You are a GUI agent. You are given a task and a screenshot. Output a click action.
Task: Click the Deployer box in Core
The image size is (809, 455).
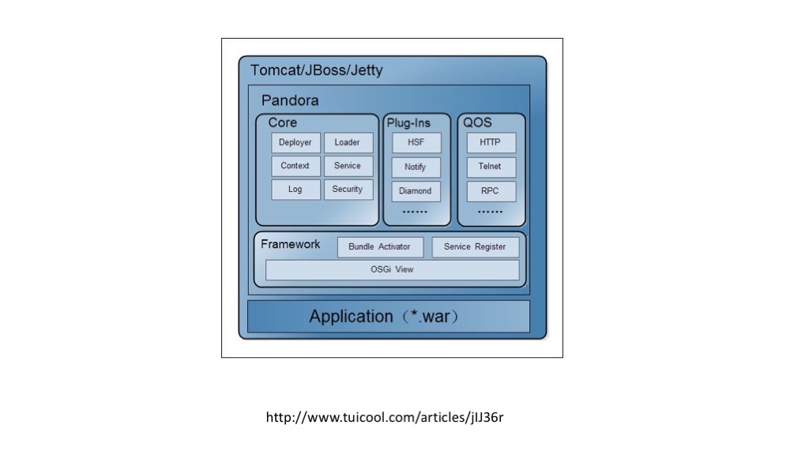pyautogui.click(x=295, y=143)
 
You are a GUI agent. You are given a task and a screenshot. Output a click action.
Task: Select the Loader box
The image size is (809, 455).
pyautogui.click(x=348, y=143)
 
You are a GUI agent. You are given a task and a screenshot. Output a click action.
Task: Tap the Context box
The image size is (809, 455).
pyautogui.click(x=295, y=166)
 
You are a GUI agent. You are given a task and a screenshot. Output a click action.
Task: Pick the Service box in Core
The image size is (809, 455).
pyautogui.click(x=348, y=166)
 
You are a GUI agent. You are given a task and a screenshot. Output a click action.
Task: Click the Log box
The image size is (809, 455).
pyautogui.click(x=295, y=190)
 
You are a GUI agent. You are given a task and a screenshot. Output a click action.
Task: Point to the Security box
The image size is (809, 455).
pyautogui.click(x=348, y=190)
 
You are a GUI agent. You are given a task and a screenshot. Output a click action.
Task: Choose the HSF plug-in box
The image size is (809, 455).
pyautogui.click(x=416, y=143)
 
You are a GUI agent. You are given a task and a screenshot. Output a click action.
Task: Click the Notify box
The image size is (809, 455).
pyautogui.click(x=416, y=167)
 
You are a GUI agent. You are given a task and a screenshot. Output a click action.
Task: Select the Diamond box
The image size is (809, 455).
pyautogui.click(x=416, y=191)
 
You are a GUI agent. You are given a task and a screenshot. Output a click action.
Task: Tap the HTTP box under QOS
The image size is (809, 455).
pyautogui.click(x=491, y=143)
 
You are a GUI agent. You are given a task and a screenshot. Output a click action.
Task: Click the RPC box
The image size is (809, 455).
pyautogui.click(x=491, y=191)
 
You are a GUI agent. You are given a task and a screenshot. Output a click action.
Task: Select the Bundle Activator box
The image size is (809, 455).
pyautogui.click(x=380, y=247)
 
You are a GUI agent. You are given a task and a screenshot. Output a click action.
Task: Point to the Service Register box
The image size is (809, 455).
pyautogui.click(x=475, y=247)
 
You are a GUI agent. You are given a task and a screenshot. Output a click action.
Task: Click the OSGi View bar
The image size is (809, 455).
pyautogui.click(x=392, y=270)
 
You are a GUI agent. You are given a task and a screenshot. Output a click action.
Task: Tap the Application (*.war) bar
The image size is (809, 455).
pyautogui.click(x=389, y=316)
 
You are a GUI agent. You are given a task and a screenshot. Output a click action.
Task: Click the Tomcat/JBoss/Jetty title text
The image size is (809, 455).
pyautogui.click(x=316, y=70)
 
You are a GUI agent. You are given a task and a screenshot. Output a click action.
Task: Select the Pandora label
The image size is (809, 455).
pyautogui.click(x=290, y=100)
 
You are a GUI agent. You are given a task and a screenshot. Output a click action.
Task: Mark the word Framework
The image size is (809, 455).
pyautogui.click(x=290, y=244)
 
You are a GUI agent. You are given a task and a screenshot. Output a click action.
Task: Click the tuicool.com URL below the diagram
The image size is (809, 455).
pyautogui.click(x=385, y=417)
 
